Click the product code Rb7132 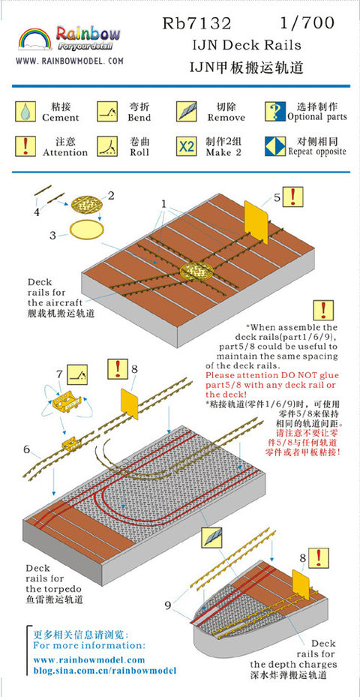pos(197,23)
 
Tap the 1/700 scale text pos(307,23)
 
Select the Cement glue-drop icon pos(25,111)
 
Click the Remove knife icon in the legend pos(186,111)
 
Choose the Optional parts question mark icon pos(275,111)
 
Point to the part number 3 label pos(52,235)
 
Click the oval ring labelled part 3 pos(87,230)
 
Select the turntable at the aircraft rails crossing pos(196,270)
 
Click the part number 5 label pos(277,198)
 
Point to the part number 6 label pos(26,449)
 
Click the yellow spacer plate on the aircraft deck pos(256,222)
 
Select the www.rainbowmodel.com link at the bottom pos(89,659)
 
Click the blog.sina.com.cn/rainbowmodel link pos(105,670)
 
